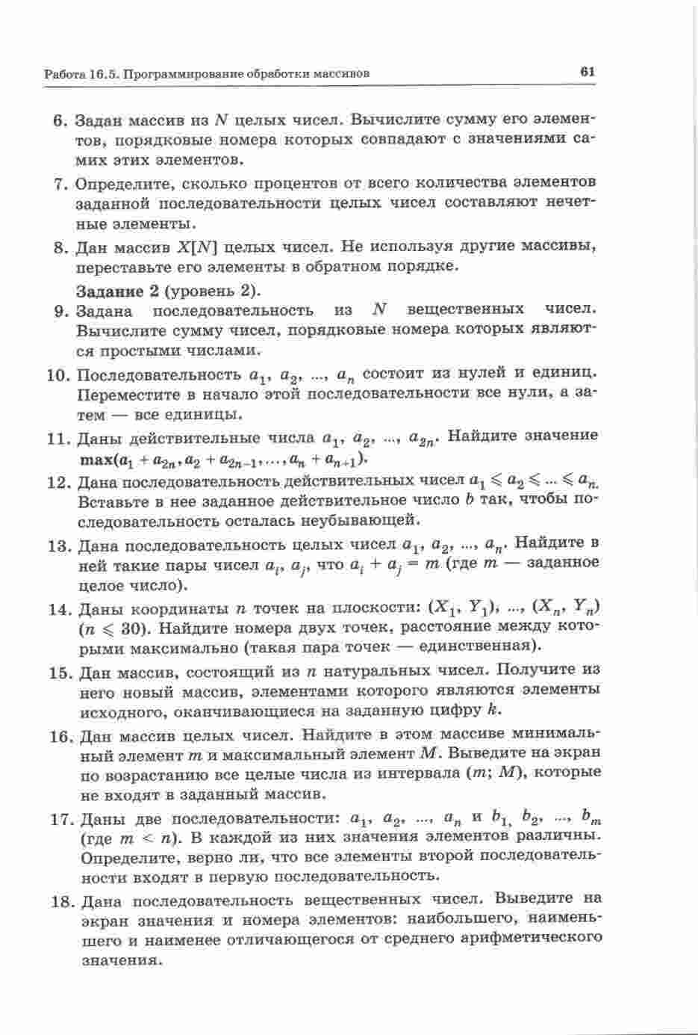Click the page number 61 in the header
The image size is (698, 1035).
coord(586,72)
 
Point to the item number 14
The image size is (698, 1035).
coord(59,608)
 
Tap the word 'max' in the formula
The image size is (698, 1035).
coord(96,458)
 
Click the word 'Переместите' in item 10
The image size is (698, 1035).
coord(128,394)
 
